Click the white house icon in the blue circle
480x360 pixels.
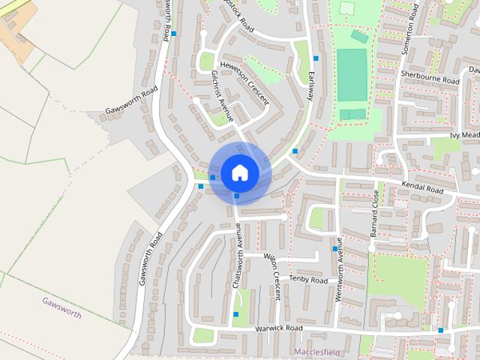[239, 172]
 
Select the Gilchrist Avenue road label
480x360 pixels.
[223, 96]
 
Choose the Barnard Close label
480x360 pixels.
[375, 214]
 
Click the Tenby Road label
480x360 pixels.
[309, 280]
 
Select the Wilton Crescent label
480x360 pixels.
[271, 277]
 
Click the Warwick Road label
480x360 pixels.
[277, 328]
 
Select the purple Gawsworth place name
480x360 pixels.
[61, 307]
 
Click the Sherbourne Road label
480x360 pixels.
[429, 76]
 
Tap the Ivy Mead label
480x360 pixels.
[464, 135]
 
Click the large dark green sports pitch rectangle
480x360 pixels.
[352, 75]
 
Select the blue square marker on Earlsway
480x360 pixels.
[316, 58]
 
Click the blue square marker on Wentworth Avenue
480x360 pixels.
[335, 248]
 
